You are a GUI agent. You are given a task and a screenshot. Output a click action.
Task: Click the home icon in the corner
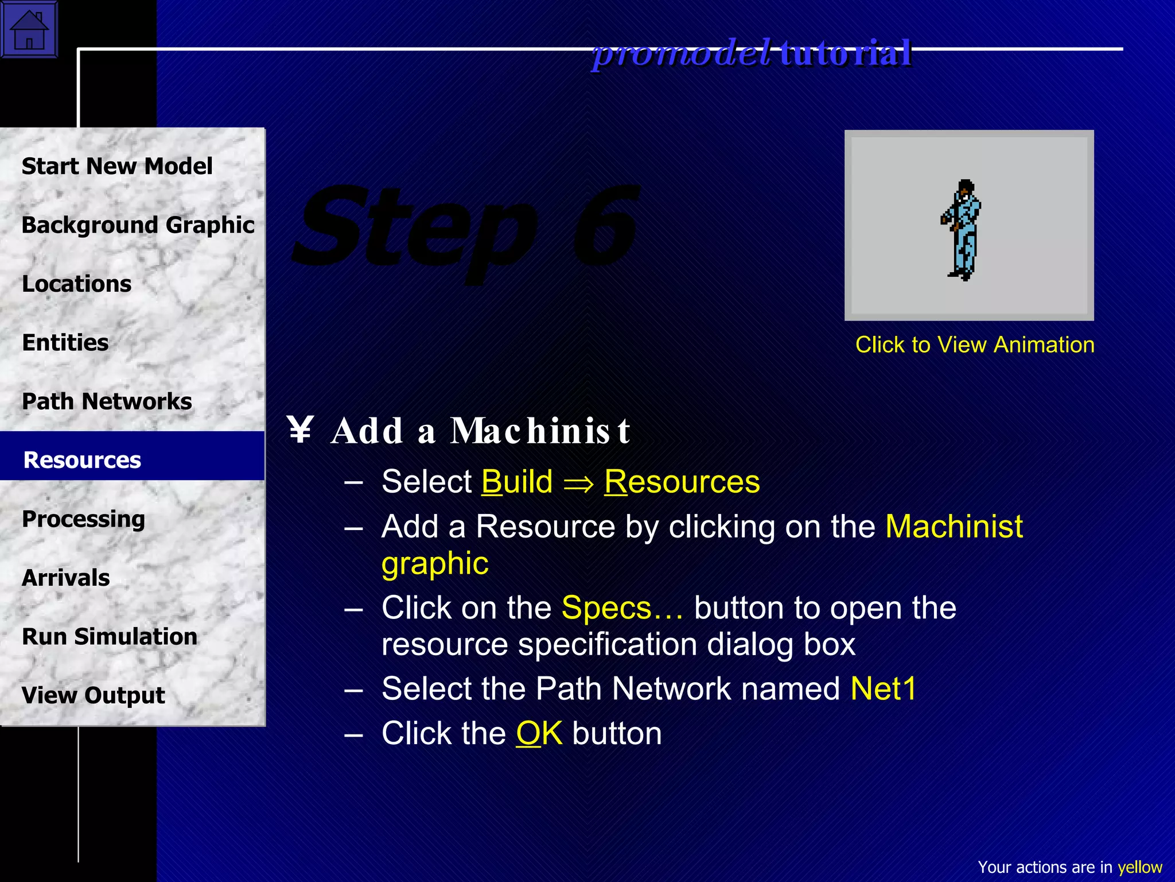(29, 29)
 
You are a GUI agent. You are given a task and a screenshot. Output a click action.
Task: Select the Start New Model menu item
(117, 166)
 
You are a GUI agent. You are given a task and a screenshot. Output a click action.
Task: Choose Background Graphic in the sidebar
(138, 225)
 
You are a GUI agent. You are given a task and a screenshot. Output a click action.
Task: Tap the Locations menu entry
(77, 284)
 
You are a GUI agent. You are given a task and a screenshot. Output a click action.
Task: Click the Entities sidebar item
(65, 343)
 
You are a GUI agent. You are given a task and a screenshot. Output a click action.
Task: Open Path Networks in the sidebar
(107, 401)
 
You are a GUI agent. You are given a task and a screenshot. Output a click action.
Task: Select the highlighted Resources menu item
(83, 460)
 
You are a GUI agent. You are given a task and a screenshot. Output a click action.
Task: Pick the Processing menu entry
(84, 519)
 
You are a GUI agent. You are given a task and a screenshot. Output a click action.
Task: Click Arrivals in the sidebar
(66, 578)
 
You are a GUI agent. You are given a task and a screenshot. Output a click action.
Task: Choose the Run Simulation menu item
(110, 637)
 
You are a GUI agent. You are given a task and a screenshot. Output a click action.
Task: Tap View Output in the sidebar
(94, 695)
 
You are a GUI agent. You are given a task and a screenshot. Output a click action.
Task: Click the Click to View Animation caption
(975, 345)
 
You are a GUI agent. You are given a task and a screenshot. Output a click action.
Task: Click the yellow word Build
(517, 481)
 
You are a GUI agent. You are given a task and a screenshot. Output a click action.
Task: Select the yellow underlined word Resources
(682, 481)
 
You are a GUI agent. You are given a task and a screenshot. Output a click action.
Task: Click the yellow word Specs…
(622, 608)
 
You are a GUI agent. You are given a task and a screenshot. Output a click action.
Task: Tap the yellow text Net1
(884, 688)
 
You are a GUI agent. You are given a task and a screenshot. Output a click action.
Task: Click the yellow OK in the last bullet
(539, 733)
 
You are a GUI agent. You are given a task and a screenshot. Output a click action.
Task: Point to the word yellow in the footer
(1139, 867)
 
